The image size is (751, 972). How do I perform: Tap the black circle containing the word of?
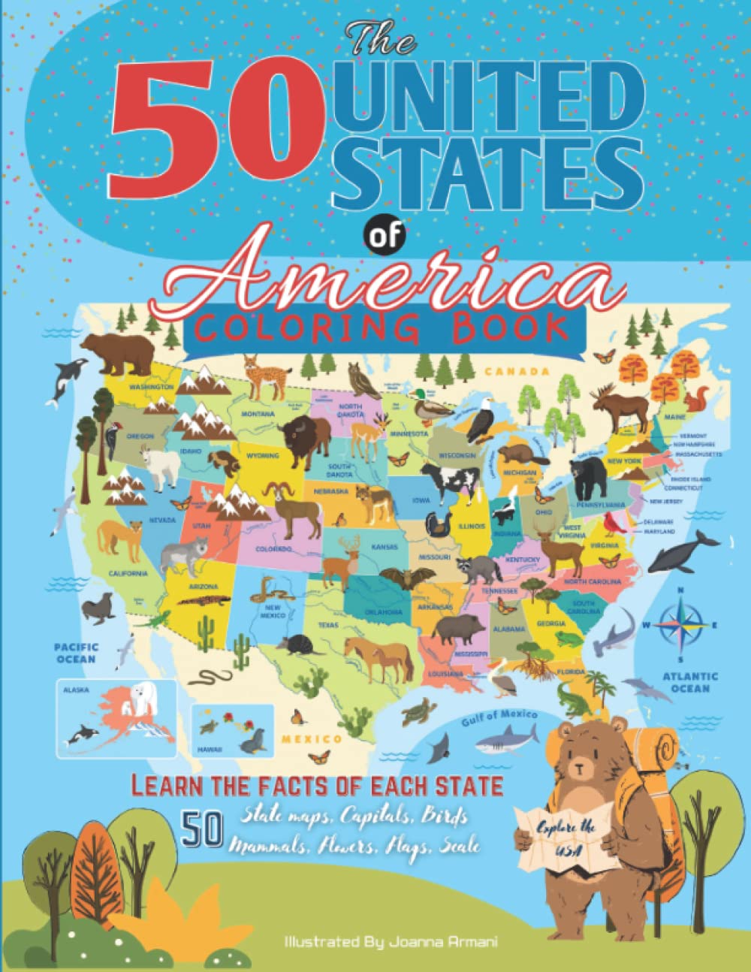(x=384, y=235)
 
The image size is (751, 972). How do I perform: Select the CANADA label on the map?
(x=513, y=371)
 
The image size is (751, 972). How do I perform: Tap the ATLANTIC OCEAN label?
(x=689, y=681)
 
